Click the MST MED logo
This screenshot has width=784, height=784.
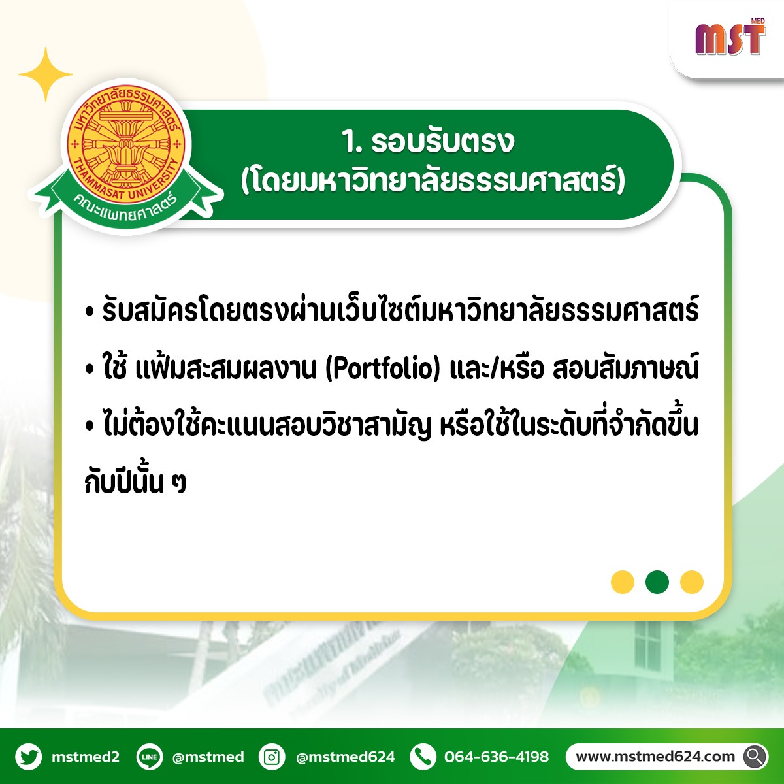pos(730,37)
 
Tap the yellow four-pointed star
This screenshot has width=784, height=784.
pos(46,74)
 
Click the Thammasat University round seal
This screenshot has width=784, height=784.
pos(125,143)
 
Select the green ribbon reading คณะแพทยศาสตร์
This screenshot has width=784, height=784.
pos(126,202)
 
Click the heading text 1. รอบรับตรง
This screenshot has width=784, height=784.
pos(429,142)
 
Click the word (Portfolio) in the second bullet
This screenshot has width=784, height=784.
pos(383,368)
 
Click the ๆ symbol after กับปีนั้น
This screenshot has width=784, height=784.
pos(178,483)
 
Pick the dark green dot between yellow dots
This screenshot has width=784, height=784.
pos(657,582)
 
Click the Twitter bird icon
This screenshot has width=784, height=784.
pos(29,757)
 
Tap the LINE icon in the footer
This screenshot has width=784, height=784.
pos(150,757)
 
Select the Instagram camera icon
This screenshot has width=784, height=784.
pos(272,757)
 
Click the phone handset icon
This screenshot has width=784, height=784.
pos(423,757)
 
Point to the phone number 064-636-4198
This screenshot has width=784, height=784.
pos(497,757)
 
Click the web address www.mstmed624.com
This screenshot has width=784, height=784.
pos(655,757)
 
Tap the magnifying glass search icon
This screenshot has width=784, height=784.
pos(755,757)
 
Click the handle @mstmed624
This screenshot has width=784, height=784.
pos(346,757)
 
